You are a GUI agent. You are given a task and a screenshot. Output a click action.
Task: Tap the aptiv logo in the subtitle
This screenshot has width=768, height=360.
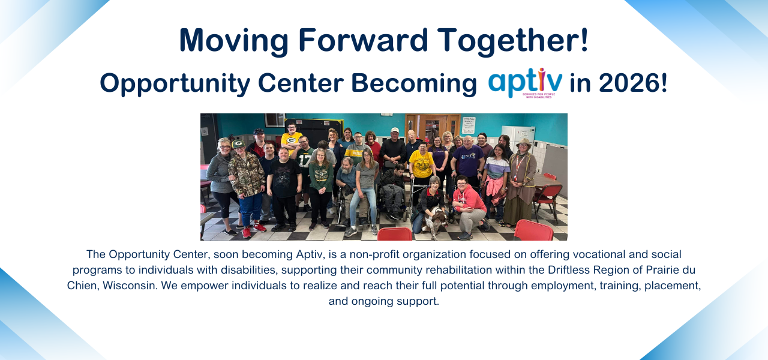coord(525,83)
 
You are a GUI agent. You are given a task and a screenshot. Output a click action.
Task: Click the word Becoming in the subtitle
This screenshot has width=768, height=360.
coord(414,84)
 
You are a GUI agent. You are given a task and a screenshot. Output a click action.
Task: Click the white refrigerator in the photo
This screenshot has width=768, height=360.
coord(518,138)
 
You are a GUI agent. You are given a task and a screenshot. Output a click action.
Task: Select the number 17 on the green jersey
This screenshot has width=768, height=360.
coord(304,161)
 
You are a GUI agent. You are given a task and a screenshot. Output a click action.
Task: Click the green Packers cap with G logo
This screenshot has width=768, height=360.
coord(238,144)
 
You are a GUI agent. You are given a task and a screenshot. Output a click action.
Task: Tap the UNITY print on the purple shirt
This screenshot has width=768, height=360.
coord(468,156)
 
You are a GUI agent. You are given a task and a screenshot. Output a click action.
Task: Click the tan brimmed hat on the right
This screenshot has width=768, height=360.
coord(523,142)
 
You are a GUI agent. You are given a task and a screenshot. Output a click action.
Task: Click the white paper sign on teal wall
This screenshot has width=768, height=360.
coord(469,125)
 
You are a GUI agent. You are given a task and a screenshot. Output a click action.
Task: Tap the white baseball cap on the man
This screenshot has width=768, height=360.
coord(395,130)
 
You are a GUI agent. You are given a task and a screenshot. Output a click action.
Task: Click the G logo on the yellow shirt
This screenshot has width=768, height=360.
coord(291,140)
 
